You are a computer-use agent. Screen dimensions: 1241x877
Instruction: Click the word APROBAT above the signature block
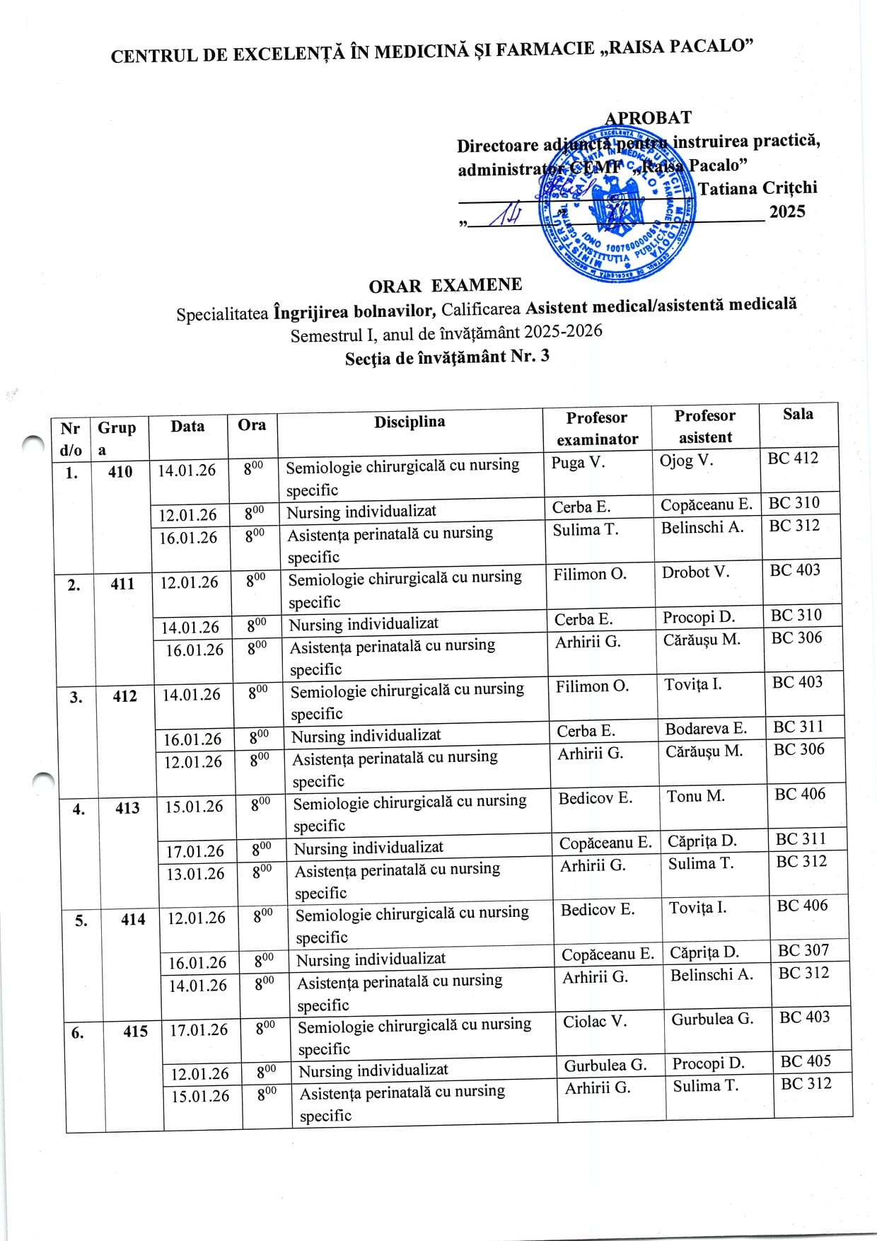[648, 117]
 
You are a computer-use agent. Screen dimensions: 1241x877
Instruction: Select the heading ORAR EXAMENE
[445, 285]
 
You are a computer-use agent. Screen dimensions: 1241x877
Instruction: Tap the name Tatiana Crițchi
[757, 188]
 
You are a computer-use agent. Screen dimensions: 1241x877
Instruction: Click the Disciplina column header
[410, 422]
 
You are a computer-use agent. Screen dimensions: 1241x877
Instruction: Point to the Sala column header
[798, 414]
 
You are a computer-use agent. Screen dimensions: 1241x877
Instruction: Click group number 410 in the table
[120, 471]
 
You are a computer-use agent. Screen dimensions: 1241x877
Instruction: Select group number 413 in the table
[127, 807]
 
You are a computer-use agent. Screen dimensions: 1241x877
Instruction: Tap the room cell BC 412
[793, 458]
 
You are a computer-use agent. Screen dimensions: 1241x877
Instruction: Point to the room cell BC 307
[803, 950]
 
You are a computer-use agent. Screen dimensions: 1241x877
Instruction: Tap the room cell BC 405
[806, 1061]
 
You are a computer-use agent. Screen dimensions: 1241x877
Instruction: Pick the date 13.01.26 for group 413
[194, 874]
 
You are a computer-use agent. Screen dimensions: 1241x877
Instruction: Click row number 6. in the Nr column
[78, 1033]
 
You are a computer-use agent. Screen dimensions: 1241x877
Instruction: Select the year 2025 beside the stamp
[787, 212]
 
